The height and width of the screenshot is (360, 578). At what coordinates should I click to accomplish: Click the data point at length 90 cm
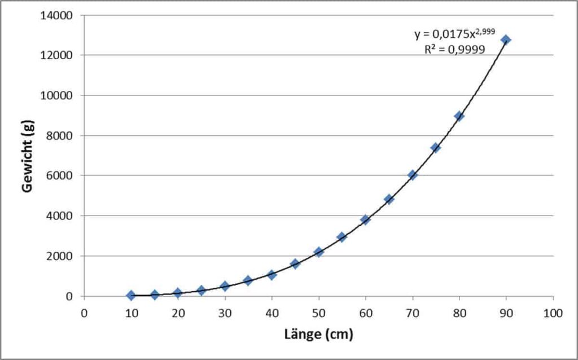pos(506,39)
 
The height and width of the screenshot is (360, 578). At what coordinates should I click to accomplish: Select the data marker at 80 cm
pos(459,116)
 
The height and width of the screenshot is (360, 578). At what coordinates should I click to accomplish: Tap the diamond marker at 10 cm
pos(131,295)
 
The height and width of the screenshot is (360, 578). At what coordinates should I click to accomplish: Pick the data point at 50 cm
pos(318,252)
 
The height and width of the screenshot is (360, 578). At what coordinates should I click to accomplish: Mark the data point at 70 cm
pos(412,175)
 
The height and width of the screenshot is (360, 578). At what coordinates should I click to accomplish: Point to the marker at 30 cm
pos(225,286)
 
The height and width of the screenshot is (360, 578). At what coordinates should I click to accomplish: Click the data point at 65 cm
pos(389,199)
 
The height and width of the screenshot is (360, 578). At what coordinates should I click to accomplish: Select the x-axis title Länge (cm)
pos(319,335)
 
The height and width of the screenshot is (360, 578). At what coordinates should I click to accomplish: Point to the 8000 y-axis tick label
pos(60,135)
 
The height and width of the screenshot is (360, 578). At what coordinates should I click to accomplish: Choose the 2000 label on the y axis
pos(60,256)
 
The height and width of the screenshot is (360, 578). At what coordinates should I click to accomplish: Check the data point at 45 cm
pos(295,264)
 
